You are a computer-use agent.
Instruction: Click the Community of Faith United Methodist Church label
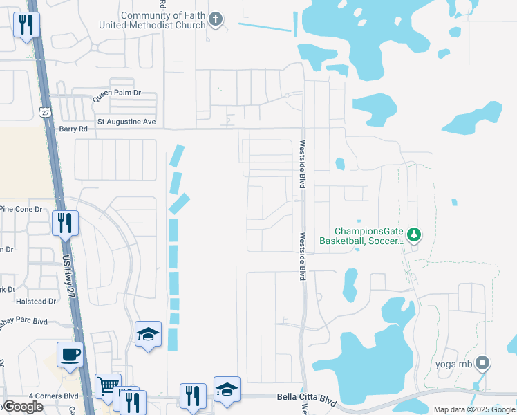[163, 20]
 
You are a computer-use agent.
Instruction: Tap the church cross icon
[216, 19]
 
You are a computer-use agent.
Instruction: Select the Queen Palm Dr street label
[117, 92]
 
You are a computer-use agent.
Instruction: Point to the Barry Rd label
[73, 129]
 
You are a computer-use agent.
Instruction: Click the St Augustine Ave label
[126, 122]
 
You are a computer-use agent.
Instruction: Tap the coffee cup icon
[70, 356]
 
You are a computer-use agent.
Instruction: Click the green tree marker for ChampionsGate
[414, 235]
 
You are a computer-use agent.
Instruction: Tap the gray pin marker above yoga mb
[483, 362]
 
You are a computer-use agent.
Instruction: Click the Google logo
[23, 407]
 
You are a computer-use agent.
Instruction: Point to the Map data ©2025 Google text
[473, 409]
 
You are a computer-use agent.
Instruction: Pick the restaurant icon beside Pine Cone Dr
[66, 223]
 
